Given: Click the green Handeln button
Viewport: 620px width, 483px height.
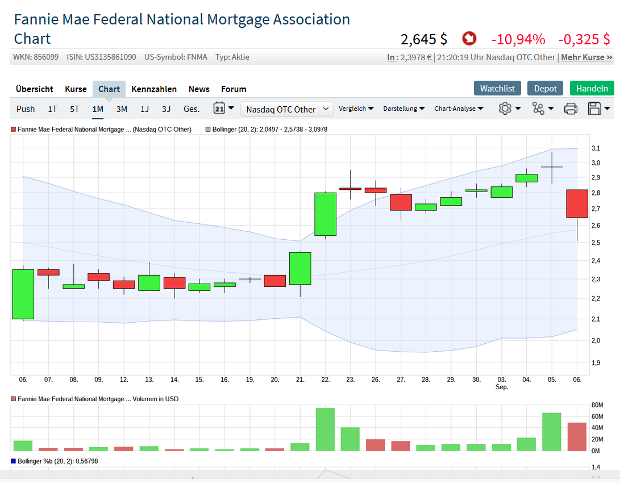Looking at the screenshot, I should click(592, 88).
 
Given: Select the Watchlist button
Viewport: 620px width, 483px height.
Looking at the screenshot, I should click(497, 88).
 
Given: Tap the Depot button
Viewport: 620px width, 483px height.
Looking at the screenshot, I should click(546, 88).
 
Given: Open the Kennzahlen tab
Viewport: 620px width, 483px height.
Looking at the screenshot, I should click(154, 89).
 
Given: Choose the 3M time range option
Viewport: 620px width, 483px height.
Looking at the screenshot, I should click(122, 109).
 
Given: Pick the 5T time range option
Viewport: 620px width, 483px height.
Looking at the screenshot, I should click(74, 109).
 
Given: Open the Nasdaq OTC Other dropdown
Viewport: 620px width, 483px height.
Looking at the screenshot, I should click(287, 109).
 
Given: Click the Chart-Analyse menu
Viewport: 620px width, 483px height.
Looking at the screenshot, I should click(459, 109).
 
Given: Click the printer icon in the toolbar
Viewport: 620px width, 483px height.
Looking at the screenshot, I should click(571, 109).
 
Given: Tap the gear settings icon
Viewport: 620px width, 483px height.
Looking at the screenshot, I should click(505, 109).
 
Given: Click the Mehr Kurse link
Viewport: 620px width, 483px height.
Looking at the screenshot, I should click(586, 57).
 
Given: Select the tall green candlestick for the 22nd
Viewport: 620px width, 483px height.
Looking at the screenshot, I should click(326, 214).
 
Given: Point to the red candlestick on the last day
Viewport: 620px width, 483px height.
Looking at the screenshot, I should click(577, 203).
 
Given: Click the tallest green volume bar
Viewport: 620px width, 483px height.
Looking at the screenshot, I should click(326, 429).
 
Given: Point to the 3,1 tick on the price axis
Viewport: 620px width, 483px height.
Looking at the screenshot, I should click(596, 148).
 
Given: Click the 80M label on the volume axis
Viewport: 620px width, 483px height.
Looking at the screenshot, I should click(597, 405).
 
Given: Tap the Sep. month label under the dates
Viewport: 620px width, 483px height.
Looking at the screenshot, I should click(502, 387).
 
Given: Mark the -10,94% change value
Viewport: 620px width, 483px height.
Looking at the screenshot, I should click(518, 39).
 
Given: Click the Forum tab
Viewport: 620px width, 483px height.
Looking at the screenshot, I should click(234, 89).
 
